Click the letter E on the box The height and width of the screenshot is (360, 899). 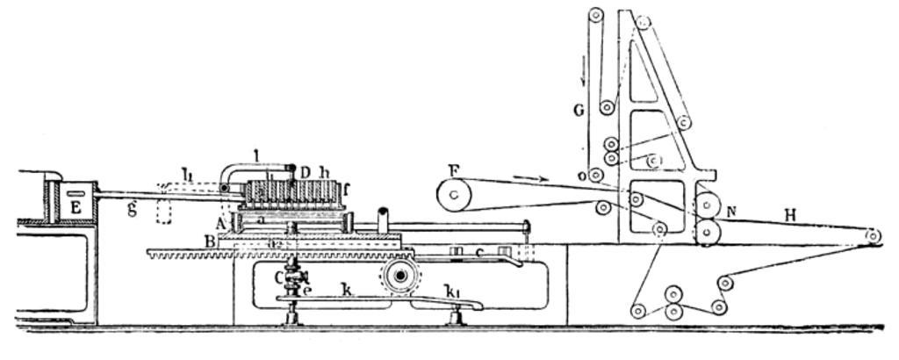(76, 207)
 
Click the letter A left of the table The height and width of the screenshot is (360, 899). (219, 222)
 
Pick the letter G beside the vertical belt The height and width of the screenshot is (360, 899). (578, 112)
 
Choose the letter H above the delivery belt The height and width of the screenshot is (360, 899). (790, 214)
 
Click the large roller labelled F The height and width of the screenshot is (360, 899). (454, 194)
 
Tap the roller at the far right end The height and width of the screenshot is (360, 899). (873, 235)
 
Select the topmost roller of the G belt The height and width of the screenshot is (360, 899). (596, 15)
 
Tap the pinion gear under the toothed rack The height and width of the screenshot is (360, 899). (400, 277)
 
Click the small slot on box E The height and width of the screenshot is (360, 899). (76, 192)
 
